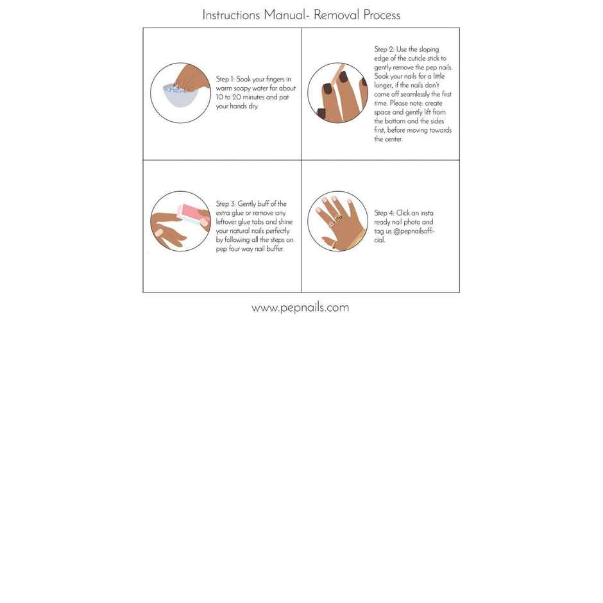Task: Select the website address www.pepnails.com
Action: click(300, 307)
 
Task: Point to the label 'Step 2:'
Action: click(384, 49)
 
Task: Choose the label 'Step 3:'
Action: click(225, 204)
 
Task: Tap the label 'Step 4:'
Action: click(384, 213)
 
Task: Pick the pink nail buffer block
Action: click(193, 213)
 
